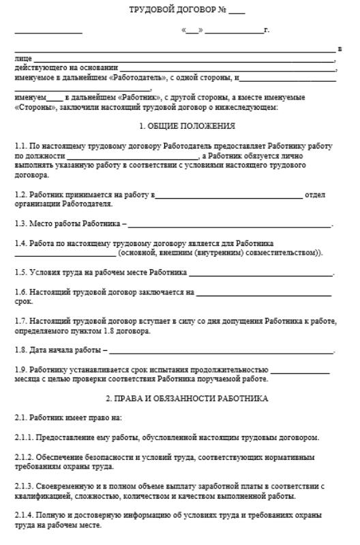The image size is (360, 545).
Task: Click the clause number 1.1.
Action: (x=20, y=146)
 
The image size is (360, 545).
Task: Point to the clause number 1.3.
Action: (x=20, y=223)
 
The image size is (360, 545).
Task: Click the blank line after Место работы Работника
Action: (x=229, y=224)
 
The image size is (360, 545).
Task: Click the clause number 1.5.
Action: (x=20, y=272)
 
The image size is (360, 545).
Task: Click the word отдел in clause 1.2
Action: (x=316, y=195)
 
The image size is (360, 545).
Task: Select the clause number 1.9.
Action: (x=20, y=370)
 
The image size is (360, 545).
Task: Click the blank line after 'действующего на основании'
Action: (x=227, y=69)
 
